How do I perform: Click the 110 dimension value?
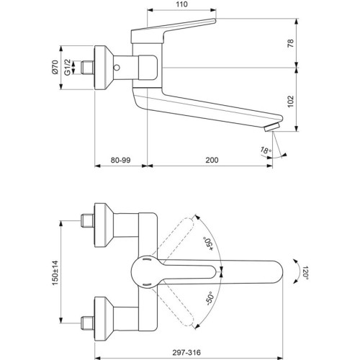point(181,4)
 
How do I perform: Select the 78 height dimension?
point(290,43)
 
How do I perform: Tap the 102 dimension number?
point(290,102)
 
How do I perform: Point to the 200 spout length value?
point(212,160)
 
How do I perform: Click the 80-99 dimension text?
point(120,160)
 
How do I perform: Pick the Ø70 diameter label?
point(55,67)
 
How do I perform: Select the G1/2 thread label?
point(68,67)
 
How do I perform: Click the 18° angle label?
point(266,150)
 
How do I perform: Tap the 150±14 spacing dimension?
point(55,273)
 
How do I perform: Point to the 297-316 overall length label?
point(186,352)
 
